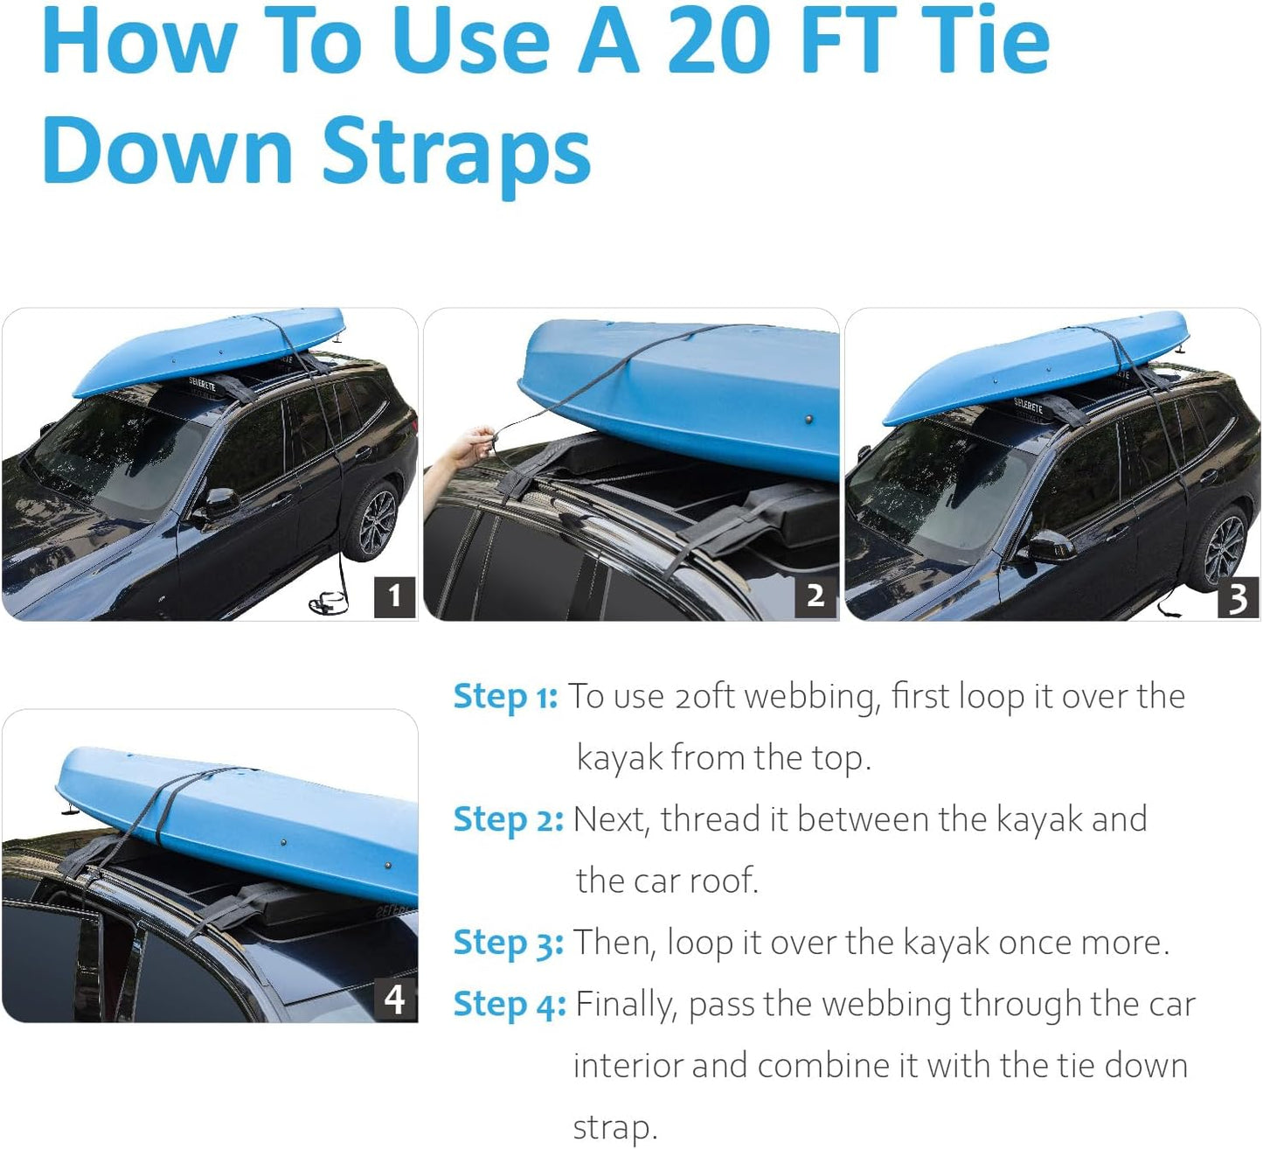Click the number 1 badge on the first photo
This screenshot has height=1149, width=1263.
point(394,595)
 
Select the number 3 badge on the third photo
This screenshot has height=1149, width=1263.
point(1237,597)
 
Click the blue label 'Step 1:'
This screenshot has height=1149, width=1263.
point(505,697)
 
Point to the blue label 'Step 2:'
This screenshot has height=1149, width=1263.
point(508,820)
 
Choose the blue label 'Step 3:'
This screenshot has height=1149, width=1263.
point(508,943)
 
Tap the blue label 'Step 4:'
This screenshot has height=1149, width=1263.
point(509,1004)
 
